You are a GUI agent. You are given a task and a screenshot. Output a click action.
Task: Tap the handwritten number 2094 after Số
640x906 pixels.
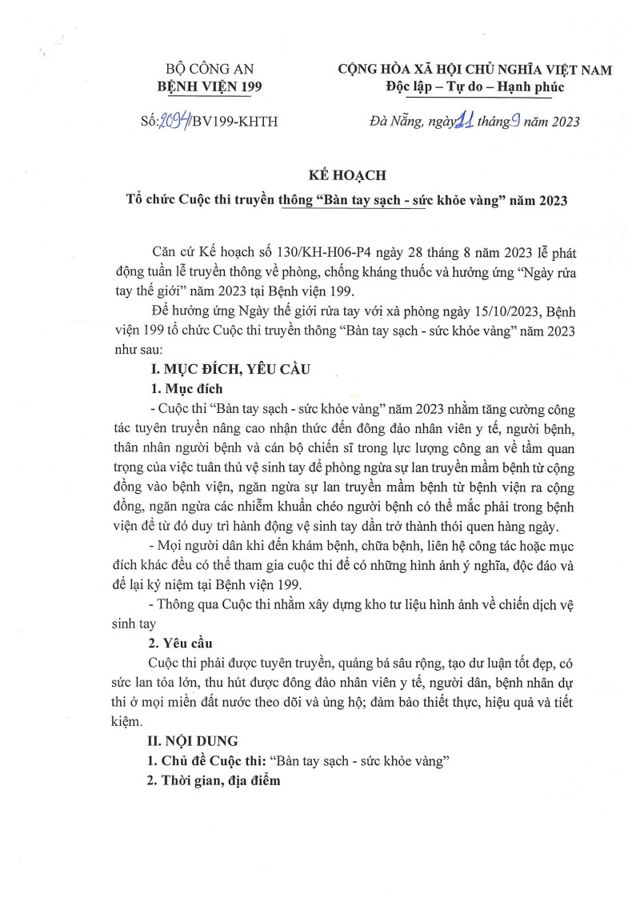point(174,122)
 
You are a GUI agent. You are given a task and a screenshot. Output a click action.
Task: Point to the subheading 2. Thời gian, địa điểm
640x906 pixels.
point(214,780)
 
